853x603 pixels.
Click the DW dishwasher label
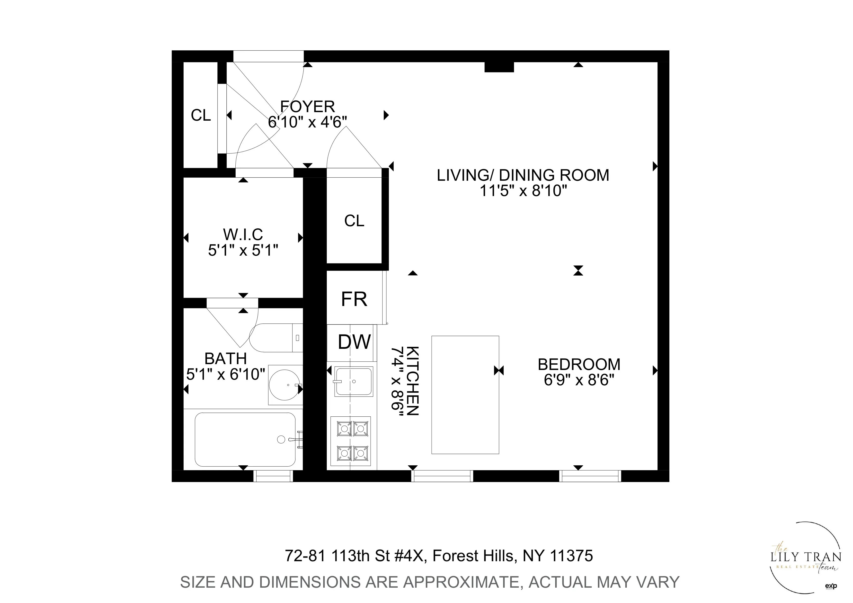point(354,342)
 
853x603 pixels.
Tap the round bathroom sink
point(284,385)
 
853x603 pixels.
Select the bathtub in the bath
point(245,440)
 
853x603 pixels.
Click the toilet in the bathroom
point(276,338)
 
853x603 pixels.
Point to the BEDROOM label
point(579,364)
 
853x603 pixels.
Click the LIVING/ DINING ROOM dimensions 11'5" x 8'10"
point(523,191)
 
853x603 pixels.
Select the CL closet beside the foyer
point(201,115)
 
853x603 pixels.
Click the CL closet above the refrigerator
point(354,221)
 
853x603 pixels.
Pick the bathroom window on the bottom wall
point(273,476)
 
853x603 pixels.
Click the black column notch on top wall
point(499,67)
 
